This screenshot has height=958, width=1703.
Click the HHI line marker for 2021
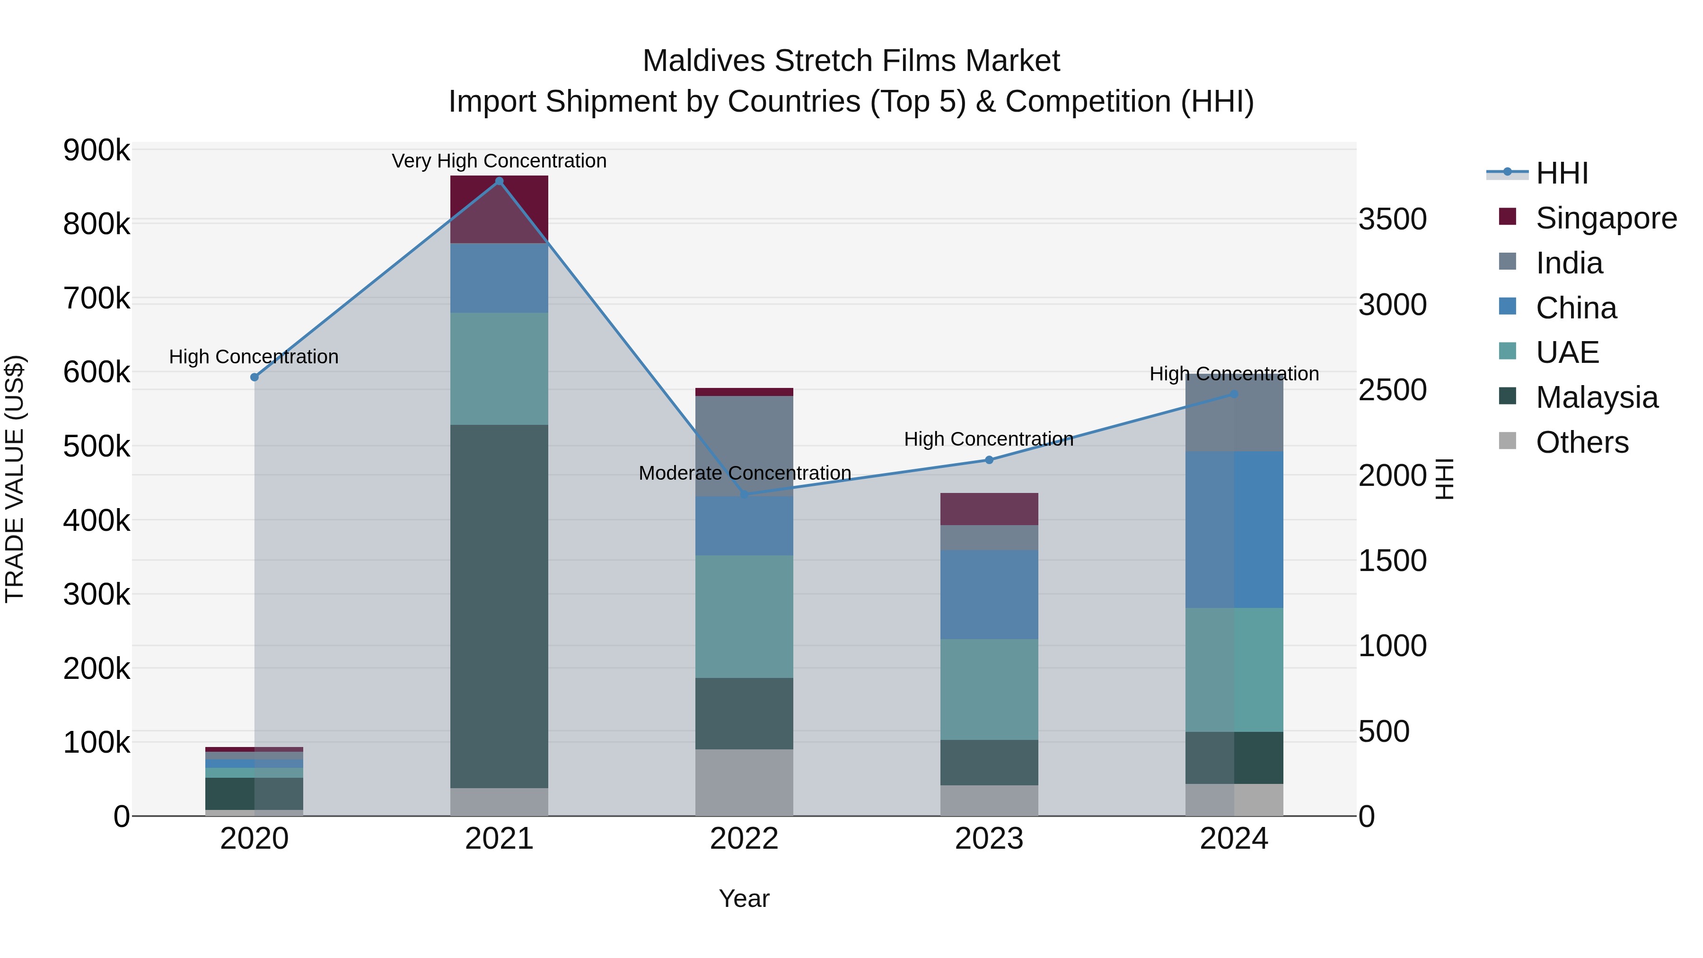click(499, 181)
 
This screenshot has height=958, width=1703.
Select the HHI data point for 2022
click(745, 494)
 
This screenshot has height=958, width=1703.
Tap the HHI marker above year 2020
click(255, 377)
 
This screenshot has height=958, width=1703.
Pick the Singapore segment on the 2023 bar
click(989, 509)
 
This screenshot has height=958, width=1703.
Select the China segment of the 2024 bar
click(1234, 529)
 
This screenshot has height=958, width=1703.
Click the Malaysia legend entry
click(1597, 397)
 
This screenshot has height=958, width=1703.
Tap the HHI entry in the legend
click(1562, 173)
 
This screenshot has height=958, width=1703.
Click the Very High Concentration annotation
click(499, 161)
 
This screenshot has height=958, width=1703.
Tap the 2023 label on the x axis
click(989, 839)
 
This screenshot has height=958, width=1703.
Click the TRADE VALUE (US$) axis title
click(15, 479)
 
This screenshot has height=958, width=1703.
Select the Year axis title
click(745, 898)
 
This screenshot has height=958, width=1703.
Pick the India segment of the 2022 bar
click(745, 446)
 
